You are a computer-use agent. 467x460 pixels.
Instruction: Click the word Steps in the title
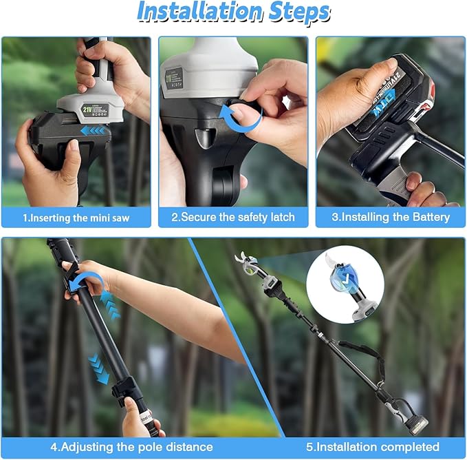tap(296, 12)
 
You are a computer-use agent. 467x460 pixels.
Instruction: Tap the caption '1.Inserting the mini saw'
tap(76, 218)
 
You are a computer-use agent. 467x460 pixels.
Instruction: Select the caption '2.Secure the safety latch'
tap(232, 218)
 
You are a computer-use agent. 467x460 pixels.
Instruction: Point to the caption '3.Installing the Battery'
tap(390, 218)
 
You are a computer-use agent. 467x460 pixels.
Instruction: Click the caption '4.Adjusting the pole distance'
tap(131, 447)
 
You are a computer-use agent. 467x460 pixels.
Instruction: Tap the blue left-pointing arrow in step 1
tap(93, 130)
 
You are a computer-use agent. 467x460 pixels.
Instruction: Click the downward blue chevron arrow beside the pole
tap(100, 368)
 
